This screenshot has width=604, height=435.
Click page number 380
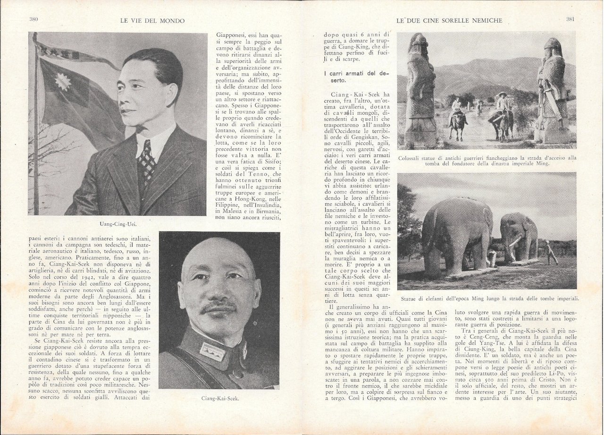(x=33, y=20)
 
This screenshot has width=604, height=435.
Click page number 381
(x=571, y=20)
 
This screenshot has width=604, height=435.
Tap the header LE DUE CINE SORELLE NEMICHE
(x=449, y=20)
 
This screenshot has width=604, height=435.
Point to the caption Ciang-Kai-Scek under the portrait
(x=219, y=398)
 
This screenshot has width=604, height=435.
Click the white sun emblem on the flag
(x=63, y=82)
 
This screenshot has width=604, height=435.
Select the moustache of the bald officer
(x=218, y=308)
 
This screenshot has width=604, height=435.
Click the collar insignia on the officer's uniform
(x=212, y=350)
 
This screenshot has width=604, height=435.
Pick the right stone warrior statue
(x=552, y=90)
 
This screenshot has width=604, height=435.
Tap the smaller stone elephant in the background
(x=518, y=236)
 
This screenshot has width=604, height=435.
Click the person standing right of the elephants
(x=550, y=252)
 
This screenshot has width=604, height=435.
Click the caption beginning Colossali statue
(x=487, y=161)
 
